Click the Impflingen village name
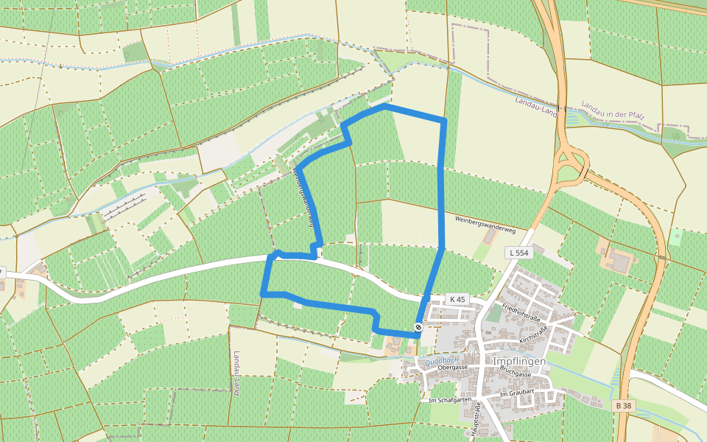[x=519, y=362]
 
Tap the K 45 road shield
[x=457, y=299]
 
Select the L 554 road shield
[x=518, y=253]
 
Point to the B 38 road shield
[x=622, y=405]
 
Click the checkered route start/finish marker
[x=418, y=327]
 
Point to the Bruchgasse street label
[x=515, y=373]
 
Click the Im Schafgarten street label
[x=449, y=399]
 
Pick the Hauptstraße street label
[x=476, y=421]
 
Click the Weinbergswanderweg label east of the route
[x=485, y=220]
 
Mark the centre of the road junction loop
[x=571, y=164]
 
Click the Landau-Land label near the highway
[x=536, y=105]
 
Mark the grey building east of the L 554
[x=619, y=262]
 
